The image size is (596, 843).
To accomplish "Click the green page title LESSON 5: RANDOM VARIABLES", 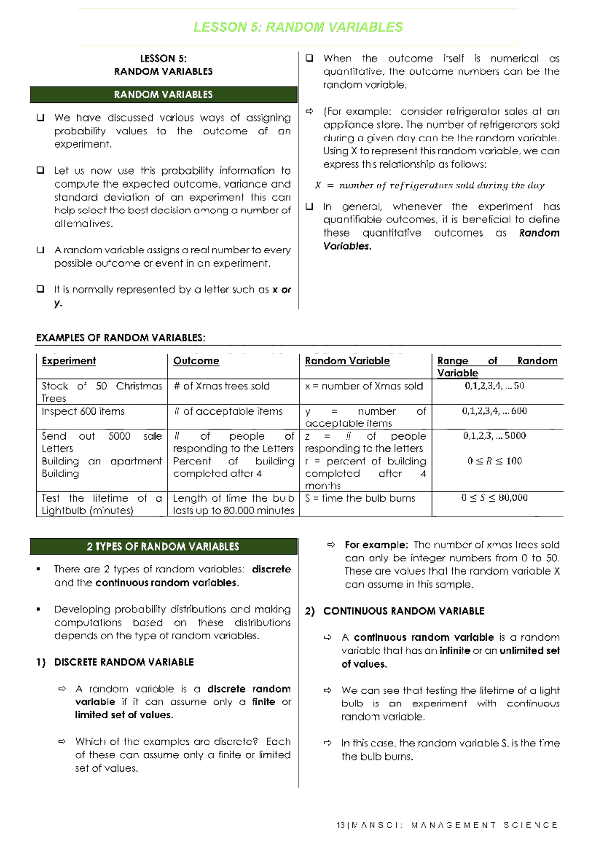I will click(x=298, y=27).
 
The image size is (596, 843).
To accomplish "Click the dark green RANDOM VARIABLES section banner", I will click(x=163, y=94).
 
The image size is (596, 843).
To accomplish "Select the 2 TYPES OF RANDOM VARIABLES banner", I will click(x=163, y=546).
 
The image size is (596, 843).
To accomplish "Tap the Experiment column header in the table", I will click(x=69, y=361).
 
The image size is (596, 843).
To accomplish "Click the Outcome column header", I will click(x=196, y=361).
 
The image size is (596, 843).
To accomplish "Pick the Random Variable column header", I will click(x=347, y=361).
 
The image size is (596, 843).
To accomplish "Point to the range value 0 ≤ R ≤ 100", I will click(x=495, y=461).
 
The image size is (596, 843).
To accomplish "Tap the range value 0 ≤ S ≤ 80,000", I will click(x=495, y=498).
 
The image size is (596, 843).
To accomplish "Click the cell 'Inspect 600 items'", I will click(x=83, y=411).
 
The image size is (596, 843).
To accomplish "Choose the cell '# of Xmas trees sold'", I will click(x=222, y=386).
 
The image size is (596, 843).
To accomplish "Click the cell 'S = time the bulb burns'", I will click(x=360, y=498).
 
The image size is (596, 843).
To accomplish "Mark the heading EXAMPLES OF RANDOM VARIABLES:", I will click(x=121, y=338).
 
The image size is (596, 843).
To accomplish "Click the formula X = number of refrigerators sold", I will click(x=430, y=185).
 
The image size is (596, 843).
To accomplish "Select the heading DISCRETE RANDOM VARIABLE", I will click(x=124, y=662).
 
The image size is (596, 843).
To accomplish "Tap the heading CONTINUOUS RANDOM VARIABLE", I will click(x=403, y=611).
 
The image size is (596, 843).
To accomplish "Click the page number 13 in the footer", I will click(x=340, y=825).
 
